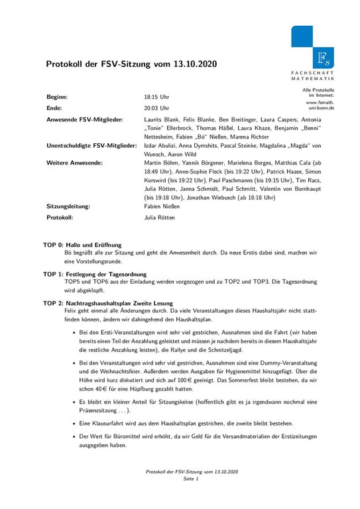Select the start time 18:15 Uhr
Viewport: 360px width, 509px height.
(156, 97)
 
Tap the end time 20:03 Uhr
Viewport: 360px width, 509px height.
(156, 107)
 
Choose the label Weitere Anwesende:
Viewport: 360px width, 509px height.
(74, 162)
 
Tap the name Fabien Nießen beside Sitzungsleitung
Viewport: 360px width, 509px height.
(162, 206)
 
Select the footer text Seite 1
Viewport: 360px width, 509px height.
(191, 478)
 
